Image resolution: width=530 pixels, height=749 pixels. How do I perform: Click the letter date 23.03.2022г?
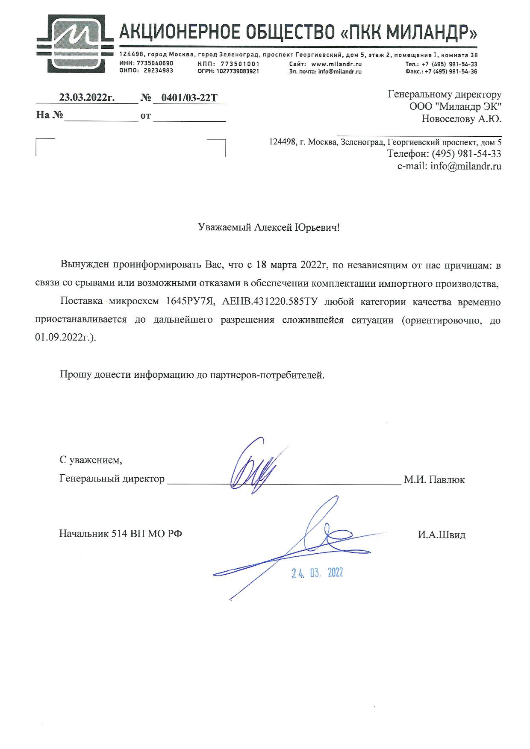(87, 97)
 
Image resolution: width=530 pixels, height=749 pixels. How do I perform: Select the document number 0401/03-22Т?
(189, 98)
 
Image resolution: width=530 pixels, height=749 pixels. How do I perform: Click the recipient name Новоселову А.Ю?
(461, 119)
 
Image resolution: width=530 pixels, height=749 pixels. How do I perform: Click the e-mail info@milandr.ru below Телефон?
(466, 166)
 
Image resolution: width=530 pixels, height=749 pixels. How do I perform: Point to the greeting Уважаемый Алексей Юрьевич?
(269, 227)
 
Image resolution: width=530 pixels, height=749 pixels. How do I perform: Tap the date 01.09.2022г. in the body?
(65, 337)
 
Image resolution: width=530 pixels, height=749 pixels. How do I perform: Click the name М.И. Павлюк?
(434, 479)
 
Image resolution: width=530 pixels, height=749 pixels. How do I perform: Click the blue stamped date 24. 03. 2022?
(317, 573)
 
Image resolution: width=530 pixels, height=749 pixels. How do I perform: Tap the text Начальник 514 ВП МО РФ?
(121, 533)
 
